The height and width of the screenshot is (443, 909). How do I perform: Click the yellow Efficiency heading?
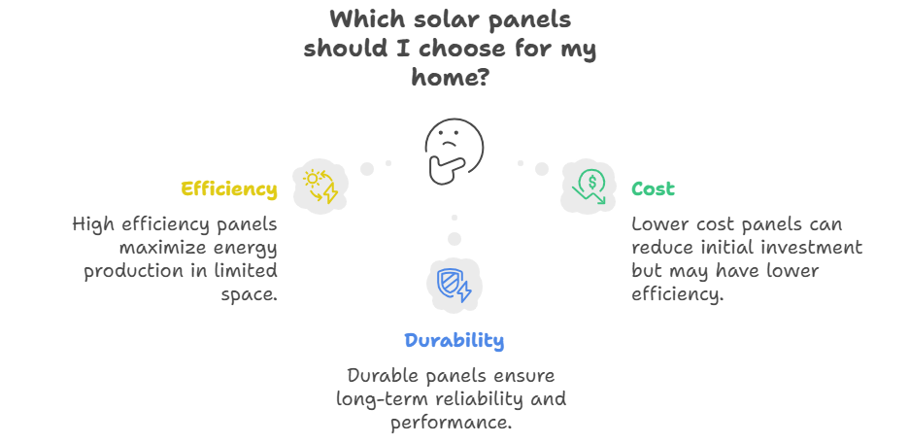tap(229, 189)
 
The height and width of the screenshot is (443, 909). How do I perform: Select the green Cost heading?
tap(653, 189)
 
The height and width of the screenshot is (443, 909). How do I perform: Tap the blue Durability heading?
tap(454, 340)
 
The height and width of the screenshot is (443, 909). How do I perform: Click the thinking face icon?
tap(454, 152)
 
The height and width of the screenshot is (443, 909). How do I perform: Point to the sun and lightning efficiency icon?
tap(320, 187)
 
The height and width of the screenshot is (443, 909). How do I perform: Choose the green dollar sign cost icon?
tap(589, 187)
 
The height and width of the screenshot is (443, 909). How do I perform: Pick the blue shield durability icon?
tap(454, 285)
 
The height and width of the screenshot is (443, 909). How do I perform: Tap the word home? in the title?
tap(451, 76)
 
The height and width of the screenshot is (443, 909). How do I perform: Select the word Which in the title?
tap(367, 19)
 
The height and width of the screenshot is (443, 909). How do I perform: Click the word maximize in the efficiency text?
tap(154, 248)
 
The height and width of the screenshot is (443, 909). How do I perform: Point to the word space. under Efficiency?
tap(249, 295)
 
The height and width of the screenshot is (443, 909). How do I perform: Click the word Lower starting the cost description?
tap(656, 224)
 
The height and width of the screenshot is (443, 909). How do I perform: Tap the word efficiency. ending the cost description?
tap(678, 294)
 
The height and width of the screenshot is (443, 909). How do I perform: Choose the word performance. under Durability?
tap(451, 423)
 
